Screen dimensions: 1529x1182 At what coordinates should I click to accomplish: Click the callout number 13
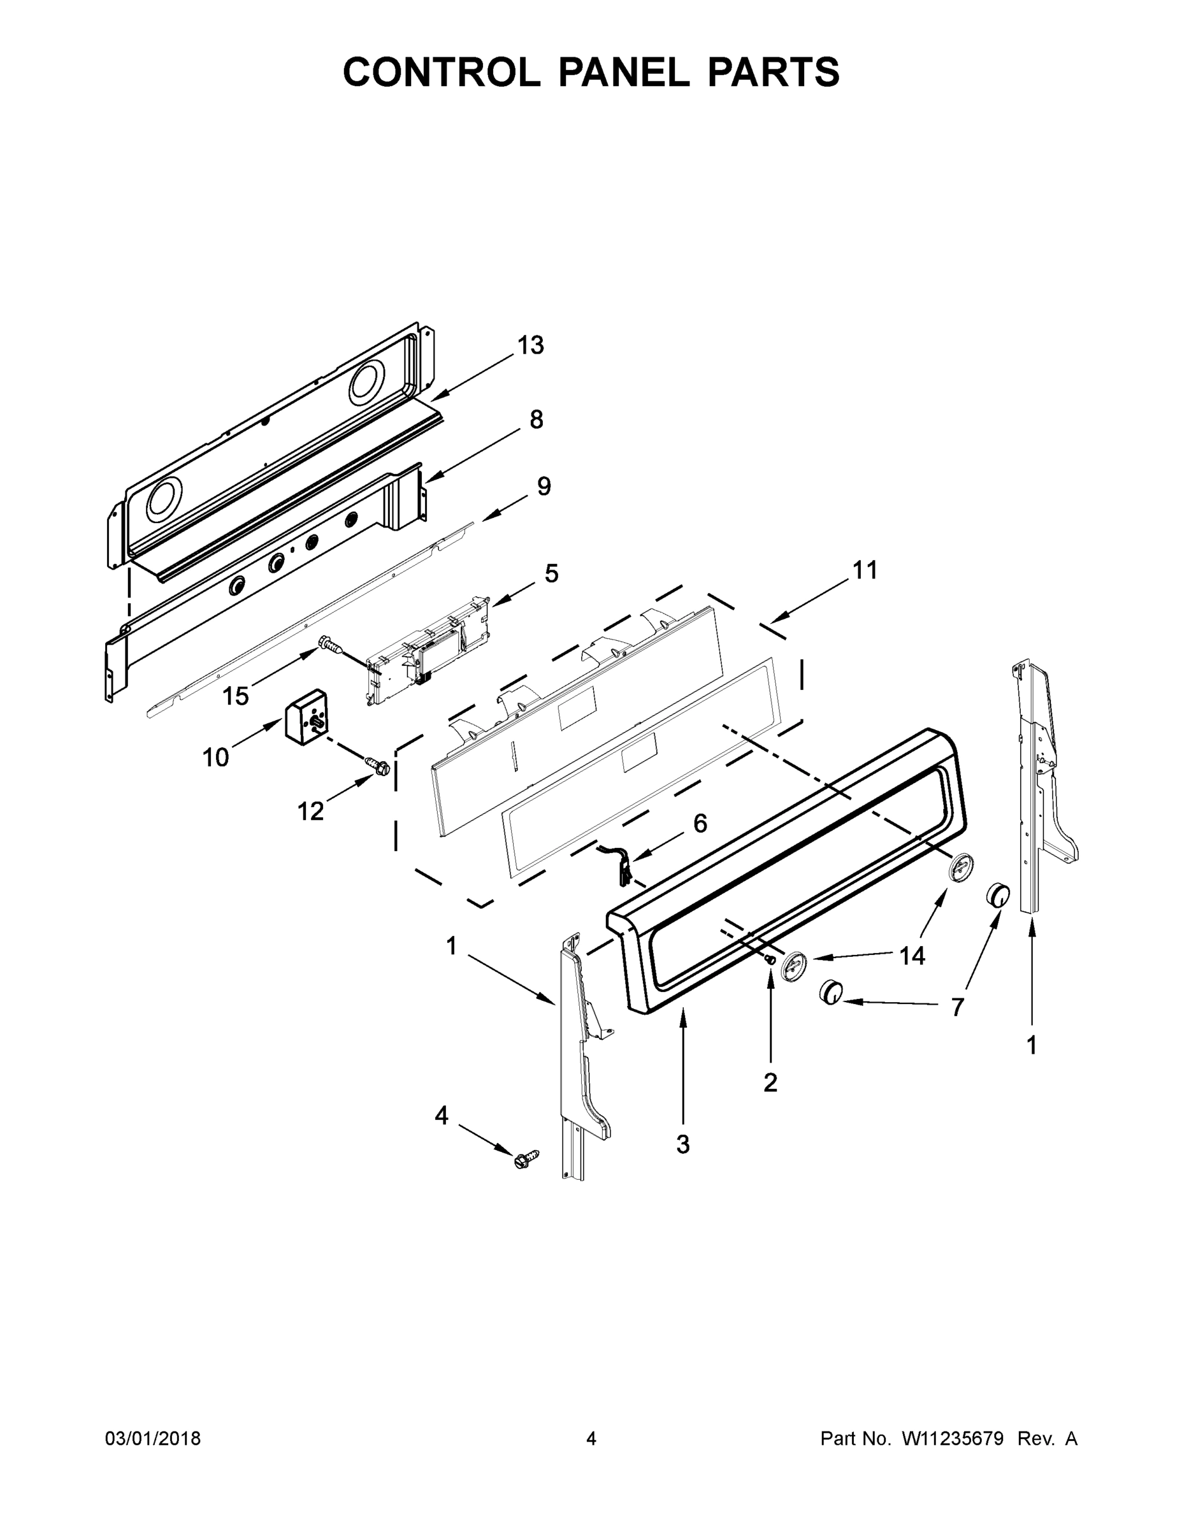[x=531, y=345]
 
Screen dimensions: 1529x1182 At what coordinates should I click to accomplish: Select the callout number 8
[x=536, y=420]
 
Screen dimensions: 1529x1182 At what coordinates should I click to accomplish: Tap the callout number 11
[x=865, y=570]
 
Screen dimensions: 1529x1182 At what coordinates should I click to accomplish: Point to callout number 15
[x=236, y=696]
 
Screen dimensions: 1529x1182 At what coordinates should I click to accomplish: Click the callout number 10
[x=215, y=757]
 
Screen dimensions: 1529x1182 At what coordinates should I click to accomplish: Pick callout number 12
[x=311, y=812]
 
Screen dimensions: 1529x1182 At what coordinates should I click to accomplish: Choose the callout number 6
[x=700, y=823]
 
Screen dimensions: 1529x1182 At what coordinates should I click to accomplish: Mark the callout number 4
[x=441, y=1116]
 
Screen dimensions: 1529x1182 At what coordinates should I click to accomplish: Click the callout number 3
[x=682, y=1144]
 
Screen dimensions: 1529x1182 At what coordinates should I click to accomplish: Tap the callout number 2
[x=770, y=1083]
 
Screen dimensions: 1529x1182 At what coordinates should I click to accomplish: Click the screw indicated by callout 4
[x=526, y=1160]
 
